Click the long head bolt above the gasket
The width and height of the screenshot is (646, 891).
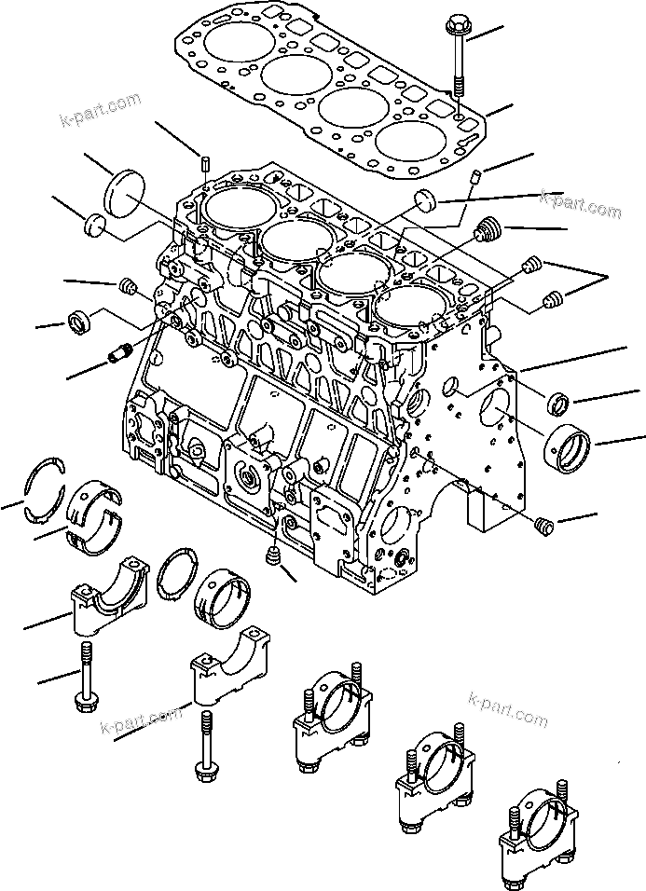tap(459, 54)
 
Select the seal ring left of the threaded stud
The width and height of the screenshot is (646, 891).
tap(78, 321)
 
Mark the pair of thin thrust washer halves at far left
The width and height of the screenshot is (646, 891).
tap(43, 477)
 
